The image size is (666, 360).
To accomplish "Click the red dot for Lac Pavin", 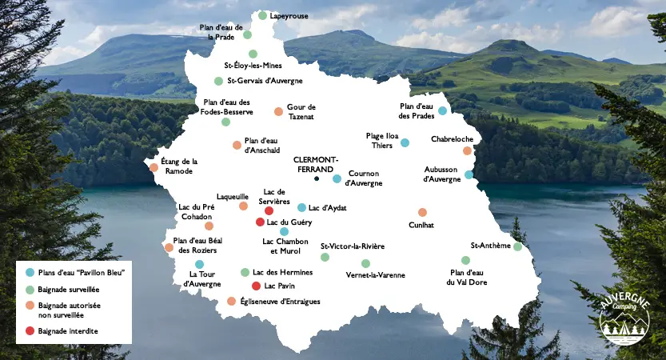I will tap(256, 286).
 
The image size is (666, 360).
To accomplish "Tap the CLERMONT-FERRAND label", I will tap(317, 162).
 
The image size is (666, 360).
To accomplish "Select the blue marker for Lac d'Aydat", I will tap(301, 207).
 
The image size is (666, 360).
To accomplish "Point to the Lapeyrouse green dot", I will tap(262, 15).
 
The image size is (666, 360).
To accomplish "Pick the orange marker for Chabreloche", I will tap(467, 150).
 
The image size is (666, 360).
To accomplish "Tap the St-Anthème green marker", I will tap(517, 246).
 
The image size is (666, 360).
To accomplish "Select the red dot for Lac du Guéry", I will tap(259, 222).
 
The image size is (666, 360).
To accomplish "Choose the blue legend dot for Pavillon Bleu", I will tap(30, 272).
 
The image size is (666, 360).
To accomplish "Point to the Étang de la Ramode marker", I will tap(154, 167).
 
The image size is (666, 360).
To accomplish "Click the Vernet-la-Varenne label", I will tap(375, 275).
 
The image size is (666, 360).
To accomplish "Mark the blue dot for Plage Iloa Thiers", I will tap(405, 142).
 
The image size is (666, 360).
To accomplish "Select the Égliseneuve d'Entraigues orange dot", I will tap(231, 301).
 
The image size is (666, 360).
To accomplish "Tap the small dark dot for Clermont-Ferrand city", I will tap(317, 178).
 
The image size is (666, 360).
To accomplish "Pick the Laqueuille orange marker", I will tap(243, 206).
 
